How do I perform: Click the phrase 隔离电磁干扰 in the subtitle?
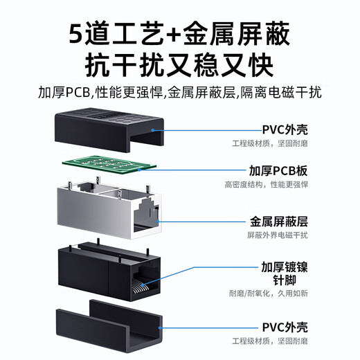[x=288, y=92]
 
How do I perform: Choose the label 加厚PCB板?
[x=278, y=170]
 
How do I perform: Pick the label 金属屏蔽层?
[x=278, y=222]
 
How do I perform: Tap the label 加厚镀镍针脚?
[x=278, y=273]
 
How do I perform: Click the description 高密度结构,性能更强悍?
[x=266, y=185]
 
